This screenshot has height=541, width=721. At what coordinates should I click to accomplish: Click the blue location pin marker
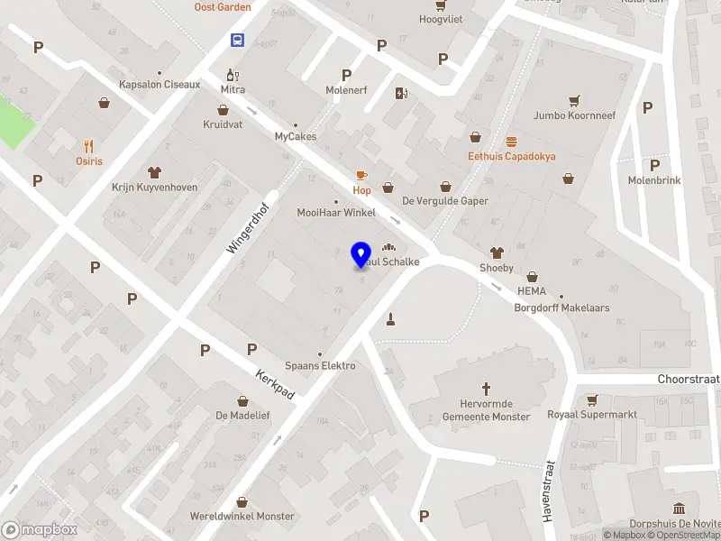(361, 254)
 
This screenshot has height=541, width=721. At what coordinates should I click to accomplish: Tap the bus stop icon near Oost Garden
(237, 40)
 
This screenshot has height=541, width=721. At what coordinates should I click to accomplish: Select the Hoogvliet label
(441, 19)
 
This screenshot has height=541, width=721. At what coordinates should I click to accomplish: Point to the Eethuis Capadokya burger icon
(512, 141)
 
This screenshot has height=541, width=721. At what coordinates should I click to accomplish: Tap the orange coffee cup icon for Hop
(361, 175)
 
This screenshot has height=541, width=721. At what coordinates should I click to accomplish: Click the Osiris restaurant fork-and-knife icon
(88, 146)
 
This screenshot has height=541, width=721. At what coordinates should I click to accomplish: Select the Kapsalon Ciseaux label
(160, 85)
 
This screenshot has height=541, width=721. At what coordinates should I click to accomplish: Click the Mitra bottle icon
(233, 75)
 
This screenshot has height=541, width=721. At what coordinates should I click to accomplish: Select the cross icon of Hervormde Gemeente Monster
(487, 390)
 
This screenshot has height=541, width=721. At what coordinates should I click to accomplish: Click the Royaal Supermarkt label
(592, 415)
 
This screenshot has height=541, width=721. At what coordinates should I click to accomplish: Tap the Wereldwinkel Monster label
(242, 516)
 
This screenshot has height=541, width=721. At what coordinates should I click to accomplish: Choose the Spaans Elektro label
(320, 365)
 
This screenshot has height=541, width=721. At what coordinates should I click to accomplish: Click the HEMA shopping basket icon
(532, 277)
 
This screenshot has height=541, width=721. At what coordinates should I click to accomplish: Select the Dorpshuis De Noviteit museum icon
(678, 509)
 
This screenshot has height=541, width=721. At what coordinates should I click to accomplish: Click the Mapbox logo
(40, 530)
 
